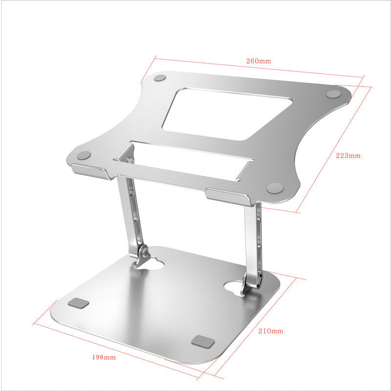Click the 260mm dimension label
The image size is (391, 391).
coord(258,61)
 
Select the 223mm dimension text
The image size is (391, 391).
coord(348,156)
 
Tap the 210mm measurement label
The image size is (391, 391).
coord(270,331)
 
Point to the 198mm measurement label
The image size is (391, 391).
coord(104,357)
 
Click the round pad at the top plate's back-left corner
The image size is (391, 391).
coord(160,78)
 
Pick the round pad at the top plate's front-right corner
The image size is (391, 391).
coord(275,187)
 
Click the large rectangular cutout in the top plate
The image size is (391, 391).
coord(226,114)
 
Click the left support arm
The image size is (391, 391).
coord(130,210)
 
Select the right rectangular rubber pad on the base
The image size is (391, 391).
coord(201,341)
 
